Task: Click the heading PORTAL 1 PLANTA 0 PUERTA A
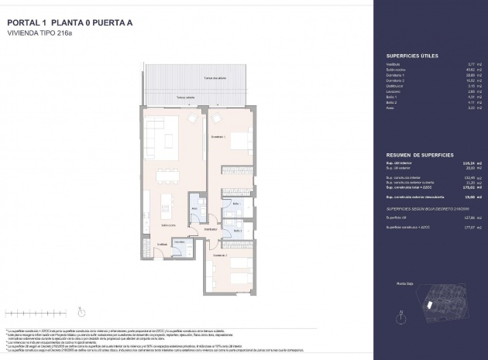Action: [70, 23]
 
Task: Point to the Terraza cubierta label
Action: [185, 98]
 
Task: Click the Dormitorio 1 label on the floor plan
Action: [219, 137]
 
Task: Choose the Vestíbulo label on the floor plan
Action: [162, 244]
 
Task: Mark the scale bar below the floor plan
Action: [27, 314]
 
